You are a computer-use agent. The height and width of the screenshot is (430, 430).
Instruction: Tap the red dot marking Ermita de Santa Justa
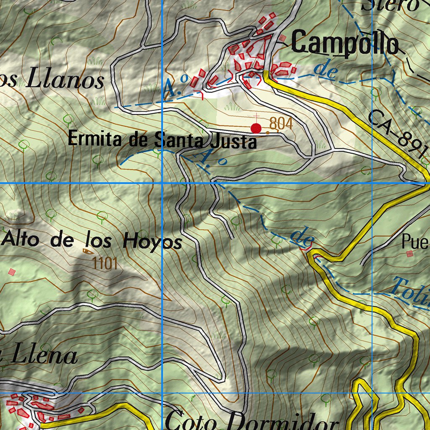click(x=256, y=128)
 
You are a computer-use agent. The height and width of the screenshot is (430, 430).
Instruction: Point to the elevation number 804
click(x=281, y=123)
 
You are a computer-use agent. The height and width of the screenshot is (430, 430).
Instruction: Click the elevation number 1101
click(x=105, y=264)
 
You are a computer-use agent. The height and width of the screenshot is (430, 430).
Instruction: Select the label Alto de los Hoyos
click(x=92, y=241)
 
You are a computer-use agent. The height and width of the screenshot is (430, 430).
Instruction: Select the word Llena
click(x=45, y=356)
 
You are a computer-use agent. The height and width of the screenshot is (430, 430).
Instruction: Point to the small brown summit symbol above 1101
click(x=87, y=251)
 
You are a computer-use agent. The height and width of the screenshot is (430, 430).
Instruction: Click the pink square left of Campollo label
click(x=283, y=38)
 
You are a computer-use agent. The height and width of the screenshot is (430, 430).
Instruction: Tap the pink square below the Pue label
click(x=409, y=254)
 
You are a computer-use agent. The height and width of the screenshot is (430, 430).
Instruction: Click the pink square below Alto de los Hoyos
click(x=12, y=272)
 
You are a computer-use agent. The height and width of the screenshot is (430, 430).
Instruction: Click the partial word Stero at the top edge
click(x=391, y=5)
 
